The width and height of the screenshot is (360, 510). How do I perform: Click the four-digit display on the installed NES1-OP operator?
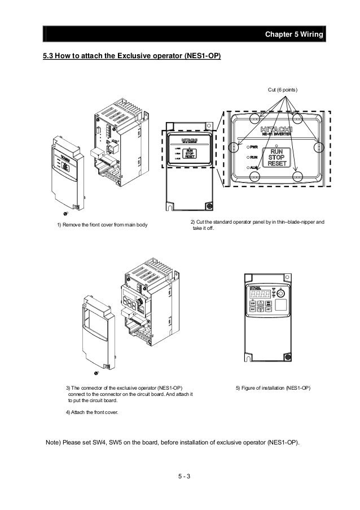[x=260, y=294]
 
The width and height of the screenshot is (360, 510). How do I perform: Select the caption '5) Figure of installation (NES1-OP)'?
[x=273, y=389]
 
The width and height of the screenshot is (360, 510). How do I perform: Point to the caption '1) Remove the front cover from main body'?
[x=102, y=226]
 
